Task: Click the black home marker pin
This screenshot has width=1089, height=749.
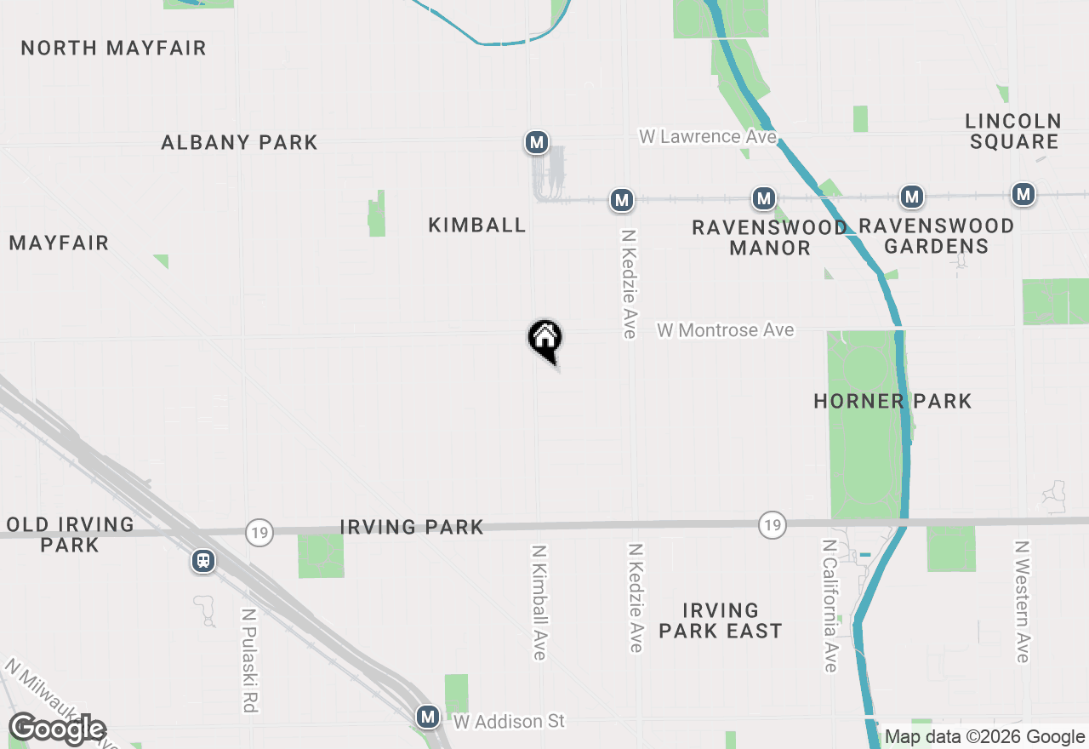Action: (544, 339)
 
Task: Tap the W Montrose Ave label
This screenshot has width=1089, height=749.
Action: (725, 330)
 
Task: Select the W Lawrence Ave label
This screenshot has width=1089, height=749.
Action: (708, 136)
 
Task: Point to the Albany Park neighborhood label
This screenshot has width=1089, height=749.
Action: (239, 142)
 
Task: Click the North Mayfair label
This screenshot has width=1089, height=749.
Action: (113, 48)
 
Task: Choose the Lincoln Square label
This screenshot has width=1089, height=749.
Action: (1014, 131)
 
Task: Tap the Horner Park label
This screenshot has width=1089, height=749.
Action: (892, 401)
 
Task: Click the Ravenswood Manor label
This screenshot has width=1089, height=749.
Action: (769, 237)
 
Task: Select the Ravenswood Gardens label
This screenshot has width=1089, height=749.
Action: (936, 236)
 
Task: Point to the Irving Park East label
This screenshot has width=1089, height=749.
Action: (720, 620)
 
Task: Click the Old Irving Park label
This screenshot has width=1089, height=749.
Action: (70, 535)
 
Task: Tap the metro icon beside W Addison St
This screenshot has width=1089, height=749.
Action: (428, 717)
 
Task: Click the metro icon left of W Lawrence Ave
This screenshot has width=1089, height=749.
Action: (536, 142)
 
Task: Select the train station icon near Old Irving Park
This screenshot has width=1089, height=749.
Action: (202, 561)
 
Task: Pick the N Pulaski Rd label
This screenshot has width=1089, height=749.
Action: (249, 660)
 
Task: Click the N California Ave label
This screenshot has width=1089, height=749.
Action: (830, 605)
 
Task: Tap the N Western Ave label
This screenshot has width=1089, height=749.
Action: (1023, 601)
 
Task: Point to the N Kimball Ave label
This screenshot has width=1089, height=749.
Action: (539, 602)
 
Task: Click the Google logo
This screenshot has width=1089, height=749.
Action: (57, 729)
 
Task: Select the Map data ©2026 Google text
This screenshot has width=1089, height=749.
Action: (984, 737)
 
